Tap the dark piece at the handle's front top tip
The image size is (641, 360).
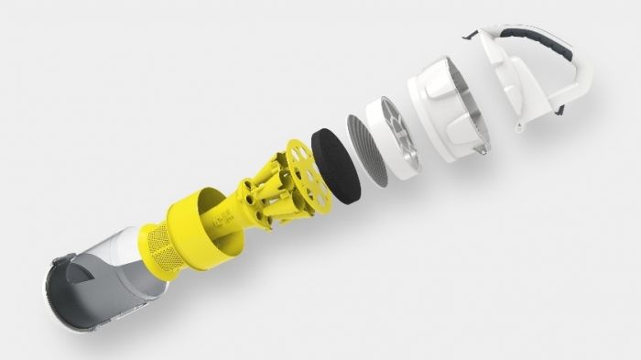(x=473, y=36)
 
